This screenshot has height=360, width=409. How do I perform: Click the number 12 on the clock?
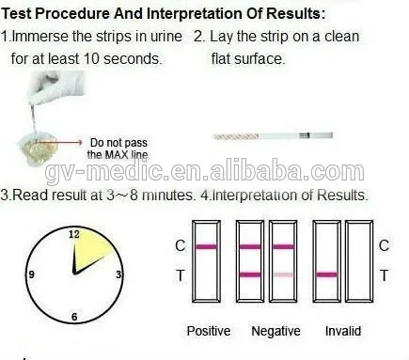72,232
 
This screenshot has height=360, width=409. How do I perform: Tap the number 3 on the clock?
118,274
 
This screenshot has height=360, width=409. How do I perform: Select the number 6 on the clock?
73,317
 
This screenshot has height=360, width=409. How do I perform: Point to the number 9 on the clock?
32,274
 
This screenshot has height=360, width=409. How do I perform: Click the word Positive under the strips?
208,331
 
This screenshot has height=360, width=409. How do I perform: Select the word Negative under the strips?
275,331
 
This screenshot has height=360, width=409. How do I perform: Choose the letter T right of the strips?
383,274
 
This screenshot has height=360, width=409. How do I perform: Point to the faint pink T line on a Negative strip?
282,274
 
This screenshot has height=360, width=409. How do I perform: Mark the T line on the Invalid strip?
326,275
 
